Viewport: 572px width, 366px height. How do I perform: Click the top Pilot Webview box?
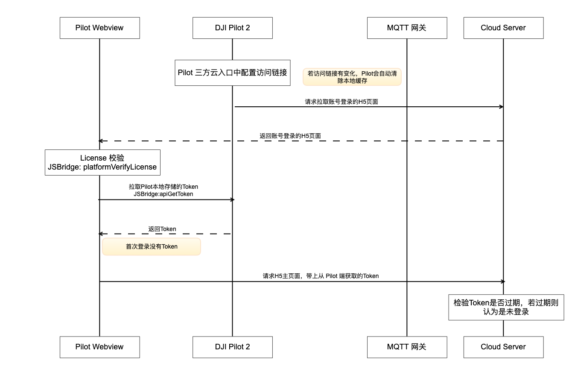point(99,28)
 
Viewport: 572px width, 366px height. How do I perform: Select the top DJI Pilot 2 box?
point(232,28)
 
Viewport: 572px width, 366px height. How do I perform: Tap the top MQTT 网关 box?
point(407,28)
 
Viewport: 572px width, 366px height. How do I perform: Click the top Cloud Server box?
point(503,28)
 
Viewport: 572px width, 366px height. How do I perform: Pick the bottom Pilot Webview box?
point(99,347)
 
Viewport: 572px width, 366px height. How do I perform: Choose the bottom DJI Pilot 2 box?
point(232,347)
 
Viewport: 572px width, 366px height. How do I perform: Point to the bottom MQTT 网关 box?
point(407,347)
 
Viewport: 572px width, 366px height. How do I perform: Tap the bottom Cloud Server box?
point(503,347)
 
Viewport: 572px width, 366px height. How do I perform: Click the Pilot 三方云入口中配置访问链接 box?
point(232,73)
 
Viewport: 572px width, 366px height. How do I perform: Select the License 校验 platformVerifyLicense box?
point(102,162)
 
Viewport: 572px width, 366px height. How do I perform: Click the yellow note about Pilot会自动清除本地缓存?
point(352,77)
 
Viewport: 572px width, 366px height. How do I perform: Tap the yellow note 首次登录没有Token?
point(152,246)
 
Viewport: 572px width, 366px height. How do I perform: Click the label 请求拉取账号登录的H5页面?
point(341,102)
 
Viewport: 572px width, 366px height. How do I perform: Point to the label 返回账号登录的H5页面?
point(290,136)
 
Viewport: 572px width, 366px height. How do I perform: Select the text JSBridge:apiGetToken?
point(163,194)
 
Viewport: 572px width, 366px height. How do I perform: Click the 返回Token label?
point(162,229)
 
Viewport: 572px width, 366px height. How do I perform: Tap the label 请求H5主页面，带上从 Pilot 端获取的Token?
point(321,276)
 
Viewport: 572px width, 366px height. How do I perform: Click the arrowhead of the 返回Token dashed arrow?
point(101,234)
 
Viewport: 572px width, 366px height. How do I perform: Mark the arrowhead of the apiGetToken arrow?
point(232,199)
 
